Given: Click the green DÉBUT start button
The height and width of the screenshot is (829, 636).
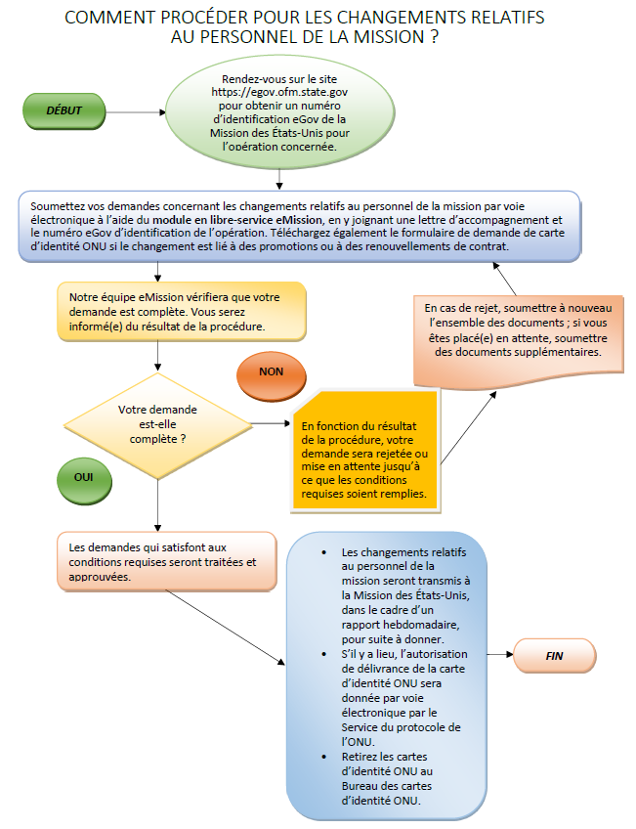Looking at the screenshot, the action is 64,111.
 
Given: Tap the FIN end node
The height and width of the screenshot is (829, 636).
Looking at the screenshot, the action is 554,656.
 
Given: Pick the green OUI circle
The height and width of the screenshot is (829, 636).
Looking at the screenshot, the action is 84,480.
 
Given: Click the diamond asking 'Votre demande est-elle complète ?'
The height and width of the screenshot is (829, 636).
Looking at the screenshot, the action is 157,424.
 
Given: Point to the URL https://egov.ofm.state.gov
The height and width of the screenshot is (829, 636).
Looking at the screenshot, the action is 279,92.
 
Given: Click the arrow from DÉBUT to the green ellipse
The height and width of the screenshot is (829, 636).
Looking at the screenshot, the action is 136,112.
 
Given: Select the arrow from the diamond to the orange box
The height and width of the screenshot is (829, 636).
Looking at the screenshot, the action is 271,423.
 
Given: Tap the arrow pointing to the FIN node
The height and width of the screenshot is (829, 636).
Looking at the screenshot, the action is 500,655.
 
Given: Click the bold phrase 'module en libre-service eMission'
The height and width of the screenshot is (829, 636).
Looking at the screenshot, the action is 237,219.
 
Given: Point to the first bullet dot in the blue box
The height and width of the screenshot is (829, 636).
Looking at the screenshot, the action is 323,552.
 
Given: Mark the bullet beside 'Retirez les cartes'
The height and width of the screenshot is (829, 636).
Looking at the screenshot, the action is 323,757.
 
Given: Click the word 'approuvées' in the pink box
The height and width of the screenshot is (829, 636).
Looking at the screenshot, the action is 100,577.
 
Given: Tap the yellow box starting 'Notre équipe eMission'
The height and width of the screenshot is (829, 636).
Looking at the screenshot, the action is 182,312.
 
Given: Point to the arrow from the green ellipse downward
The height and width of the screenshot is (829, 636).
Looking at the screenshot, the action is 279,179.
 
